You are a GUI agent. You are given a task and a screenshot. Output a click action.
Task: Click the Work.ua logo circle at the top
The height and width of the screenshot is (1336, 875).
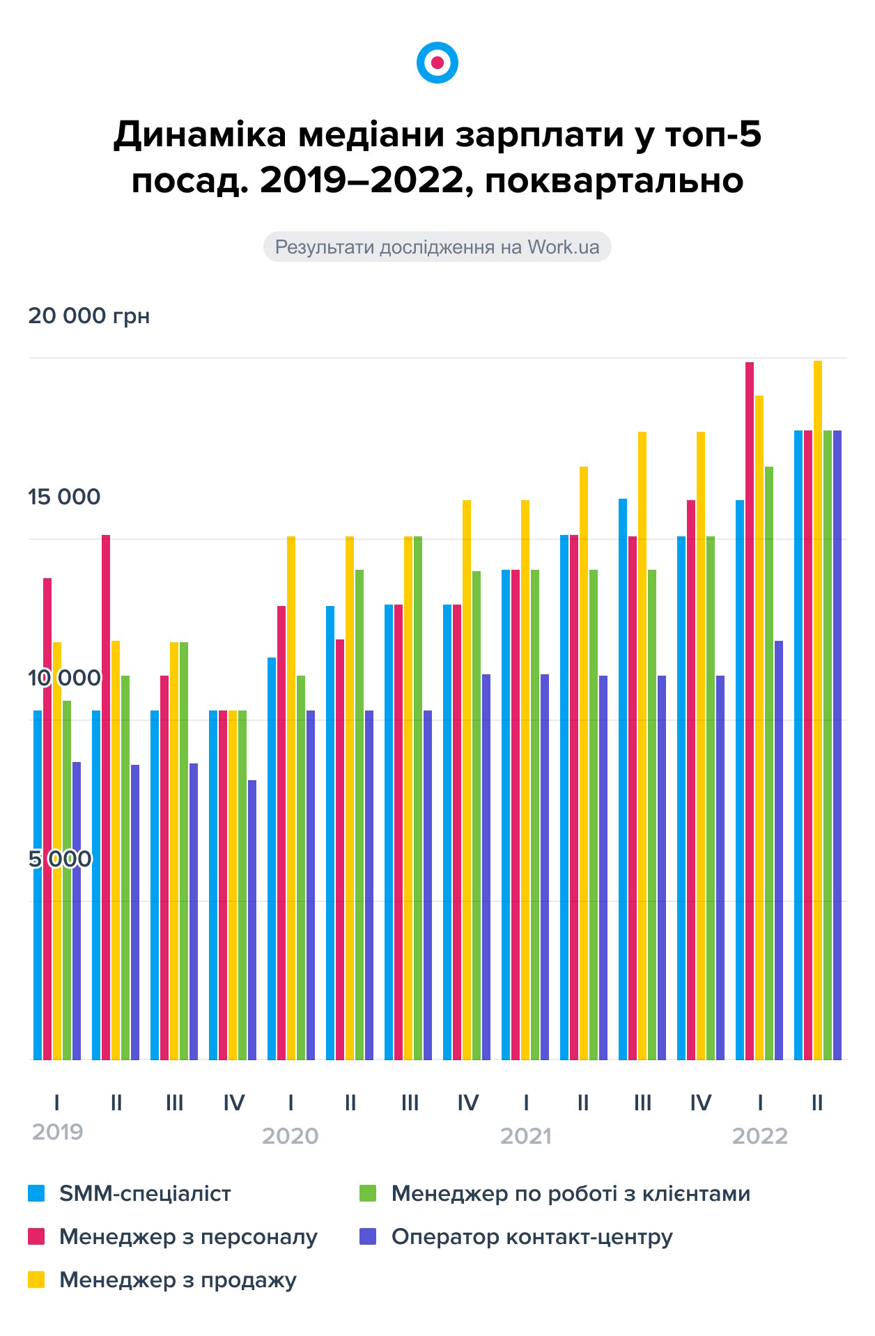[x=437, y=63]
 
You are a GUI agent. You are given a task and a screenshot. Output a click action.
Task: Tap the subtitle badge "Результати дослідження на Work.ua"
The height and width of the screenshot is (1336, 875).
[x=437, y=247]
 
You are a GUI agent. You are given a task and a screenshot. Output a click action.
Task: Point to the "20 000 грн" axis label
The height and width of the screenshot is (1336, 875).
[x=88, y=316]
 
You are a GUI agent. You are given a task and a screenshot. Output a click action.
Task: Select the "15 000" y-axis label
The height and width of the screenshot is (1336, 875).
[x=64, y=497]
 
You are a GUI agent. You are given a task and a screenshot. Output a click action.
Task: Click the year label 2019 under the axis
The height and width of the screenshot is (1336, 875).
[x=57, y=1132]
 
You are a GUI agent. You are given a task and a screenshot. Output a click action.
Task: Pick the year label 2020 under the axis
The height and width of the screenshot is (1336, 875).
[x=290, y=1136]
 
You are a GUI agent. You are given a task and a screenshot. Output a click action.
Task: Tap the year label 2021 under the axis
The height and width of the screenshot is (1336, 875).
[x=525, y=1136]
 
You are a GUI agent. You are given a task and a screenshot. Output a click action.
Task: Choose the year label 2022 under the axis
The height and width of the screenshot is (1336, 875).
[x=759, y=1136]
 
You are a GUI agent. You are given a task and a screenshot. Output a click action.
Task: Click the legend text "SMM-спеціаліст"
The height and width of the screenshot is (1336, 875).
[x=145, y=1193]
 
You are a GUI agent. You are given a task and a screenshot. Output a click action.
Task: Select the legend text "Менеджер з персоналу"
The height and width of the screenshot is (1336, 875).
[x=188, y=1236]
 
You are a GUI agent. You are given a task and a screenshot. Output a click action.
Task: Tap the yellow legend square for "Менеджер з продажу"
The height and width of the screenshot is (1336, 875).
[x=36, y=1280]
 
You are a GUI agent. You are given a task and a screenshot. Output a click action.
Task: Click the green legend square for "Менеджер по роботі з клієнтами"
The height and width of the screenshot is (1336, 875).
[x=368, y=1193]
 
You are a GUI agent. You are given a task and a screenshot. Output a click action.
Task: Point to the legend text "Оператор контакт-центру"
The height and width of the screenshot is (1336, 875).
[x=532, y=1236]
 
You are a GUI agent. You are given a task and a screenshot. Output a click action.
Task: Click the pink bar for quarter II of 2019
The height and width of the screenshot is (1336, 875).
[x=106, y=798]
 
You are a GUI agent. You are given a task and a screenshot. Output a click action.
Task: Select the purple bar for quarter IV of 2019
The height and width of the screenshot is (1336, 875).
[x=252, y=919]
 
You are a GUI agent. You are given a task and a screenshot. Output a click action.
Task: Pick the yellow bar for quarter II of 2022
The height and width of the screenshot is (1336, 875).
[x=818, y=710]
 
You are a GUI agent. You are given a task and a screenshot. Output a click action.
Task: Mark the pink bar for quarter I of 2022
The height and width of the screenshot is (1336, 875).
[x=750, y=710]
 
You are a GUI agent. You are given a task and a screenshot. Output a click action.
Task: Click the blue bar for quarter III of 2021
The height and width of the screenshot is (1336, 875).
[x=623, y=779]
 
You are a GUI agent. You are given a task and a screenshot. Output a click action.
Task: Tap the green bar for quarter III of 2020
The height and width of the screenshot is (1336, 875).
[x=418, y=798]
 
